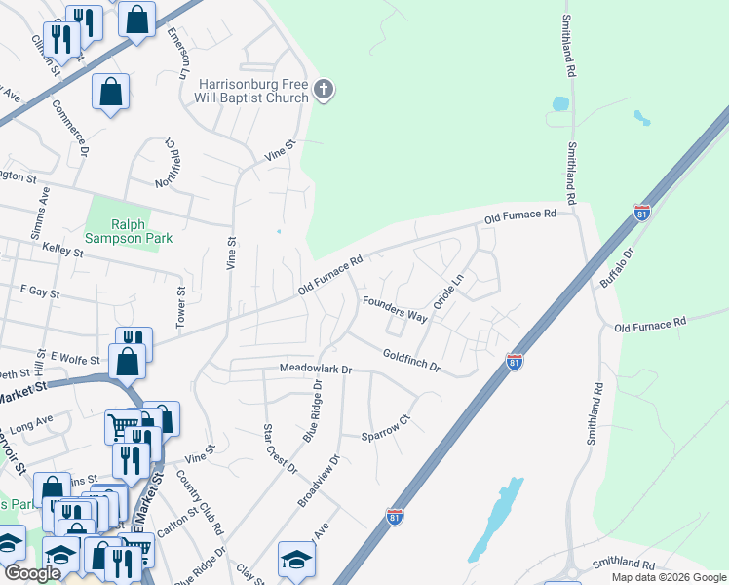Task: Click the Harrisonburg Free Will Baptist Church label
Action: pyautogui.click(x=253, y=91)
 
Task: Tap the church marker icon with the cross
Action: pyautogui.click(x=324, y=92)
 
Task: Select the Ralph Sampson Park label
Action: pyautogui.click(x=128, y=230)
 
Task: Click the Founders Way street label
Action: pyautogui.click(x=395, y=309)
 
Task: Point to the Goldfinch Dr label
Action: pyautogui.click(x=411, y=362)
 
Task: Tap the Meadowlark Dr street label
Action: pyautogui.click(x=315, y=370)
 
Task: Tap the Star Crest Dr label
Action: pyautogui.click(x=280, y=449)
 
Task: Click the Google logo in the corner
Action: pyautogui.click(x=32, y=573)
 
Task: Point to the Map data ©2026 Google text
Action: pyautogui.click(x=668, y=577)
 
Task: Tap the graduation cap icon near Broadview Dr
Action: pyautogui.click(x=296, y=559)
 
